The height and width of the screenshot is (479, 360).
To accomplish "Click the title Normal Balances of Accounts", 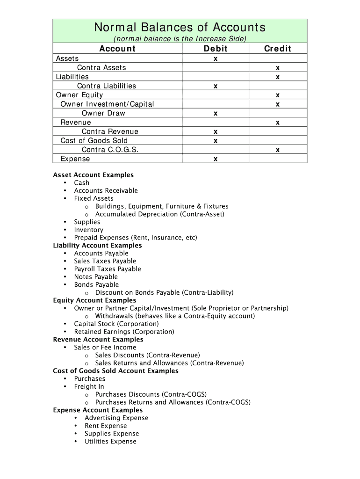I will (180, 27).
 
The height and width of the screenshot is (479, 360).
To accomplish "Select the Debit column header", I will (216, 49).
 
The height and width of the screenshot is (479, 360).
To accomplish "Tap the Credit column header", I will (277, 49).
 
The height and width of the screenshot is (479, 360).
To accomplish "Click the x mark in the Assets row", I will (216, 59).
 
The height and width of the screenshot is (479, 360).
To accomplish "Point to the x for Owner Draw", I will (216, 114).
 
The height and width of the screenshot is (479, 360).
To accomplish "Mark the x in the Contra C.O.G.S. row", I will (278, 150).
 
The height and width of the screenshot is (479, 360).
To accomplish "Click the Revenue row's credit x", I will (278, 123).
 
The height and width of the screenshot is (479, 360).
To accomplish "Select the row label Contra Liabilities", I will (107, 86).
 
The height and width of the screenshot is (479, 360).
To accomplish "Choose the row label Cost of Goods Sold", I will (94, 141).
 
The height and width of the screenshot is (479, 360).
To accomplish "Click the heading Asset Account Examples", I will (94, 175).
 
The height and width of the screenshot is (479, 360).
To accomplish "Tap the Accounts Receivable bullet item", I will (106, 191).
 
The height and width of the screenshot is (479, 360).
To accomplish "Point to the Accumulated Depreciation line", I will (160, 214).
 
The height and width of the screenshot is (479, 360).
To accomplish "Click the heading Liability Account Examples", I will (97, 246).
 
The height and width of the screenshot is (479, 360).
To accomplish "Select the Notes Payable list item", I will (96, 277).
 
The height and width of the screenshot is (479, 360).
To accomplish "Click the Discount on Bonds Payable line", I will (164, 293).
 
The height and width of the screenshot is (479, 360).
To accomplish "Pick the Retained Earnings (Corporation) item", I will (124, 332).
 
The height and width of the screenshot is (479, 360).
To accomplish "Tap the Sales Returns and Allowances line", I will (169, 363).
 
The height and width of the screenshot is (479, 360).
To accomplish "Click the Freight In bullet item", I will (89, 387).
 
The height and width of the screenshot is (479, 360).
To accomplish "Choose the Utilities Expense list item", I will (110, 442).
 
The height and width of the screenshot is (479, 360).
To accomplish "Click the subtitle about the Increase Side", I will (180, 38).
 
